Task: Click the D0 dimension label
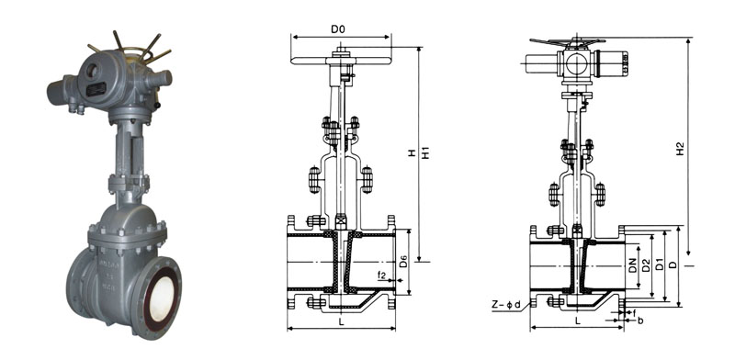[x=338, y=29]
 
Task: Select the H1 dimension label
[x=425, y=152]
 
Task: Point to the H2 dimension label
[x=681, y=149]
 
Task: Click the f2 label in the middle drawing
[x=381, y=276]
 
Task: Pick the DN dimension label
[x=632, y=265]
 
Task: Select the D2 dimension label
[x=646, y=265]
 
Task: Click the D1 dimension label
[x=659, y=265]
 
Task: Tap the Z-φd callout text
[x=506, y=305]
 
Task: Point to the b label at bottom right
[x=640, y=321]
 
